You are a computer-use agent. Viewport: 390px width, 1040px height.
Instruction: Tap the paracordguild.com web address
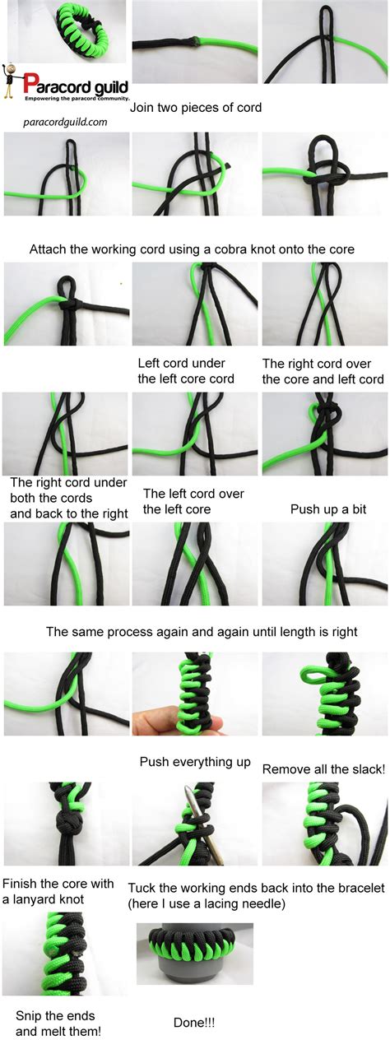pos(65,122)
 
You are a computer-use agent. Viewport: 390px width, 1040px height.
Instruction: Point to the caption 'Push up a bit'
pos(328,509)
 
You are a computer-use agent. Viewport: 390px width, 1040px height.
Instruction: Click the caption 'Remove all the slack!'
pos(323,768)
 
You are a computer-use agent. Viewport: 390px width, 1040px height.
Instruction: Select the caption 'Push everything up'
pos(195,762)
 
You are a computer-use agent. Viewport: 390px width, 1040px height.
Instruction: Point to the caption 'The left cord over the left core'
pos(193,501)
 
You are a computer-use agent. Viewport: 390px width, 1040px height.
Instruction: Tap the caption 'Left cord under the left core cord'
pos(186,371)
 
